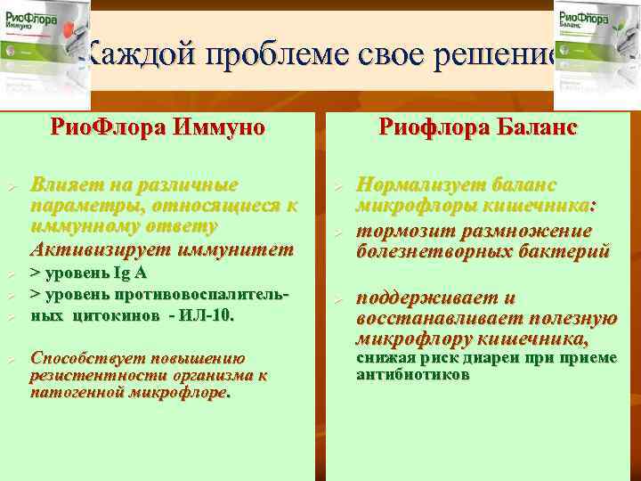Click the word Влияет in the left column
(60, 185)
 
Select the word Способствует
(84, 358)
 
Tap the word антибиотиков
(412, 374)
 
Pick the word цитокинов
(107, 314)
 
